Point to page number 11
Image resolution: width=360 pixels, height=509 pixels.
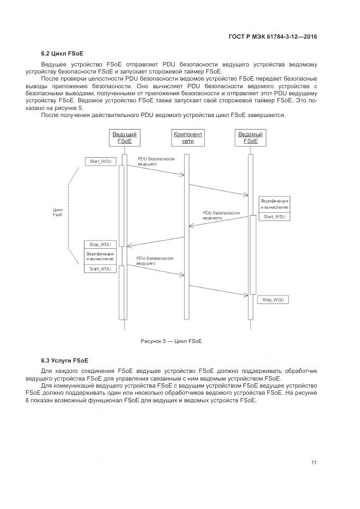[314, 463]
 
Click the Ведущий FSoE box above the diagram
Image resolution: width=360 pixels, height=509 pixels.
[124, 138]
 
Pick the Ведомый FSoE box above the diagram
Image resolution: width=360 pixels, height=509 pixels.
[251, 138]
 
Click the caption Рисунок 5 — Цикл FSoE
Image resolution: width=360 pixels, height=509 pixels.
[172, 341]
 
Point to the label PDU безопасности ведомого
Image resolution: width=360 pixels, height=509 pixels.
[221, 214]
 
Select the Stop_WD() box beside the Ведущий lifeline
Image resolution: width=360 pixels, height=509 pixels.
[100, 244]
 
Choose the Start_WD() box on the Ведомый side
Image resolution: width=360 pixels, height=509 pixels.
[274, 217]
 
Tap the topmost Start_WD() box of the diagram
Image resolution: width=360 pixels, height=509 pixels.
[101, 162]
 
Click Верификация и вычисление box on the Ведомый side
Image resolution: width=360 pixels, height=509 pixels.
[274, 204]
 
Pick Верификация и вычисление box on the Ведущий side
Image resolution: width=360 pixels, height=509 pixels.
[100, 256]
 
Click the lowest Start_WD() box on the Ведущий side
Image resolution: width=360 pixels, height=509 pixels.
[100, 268]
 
